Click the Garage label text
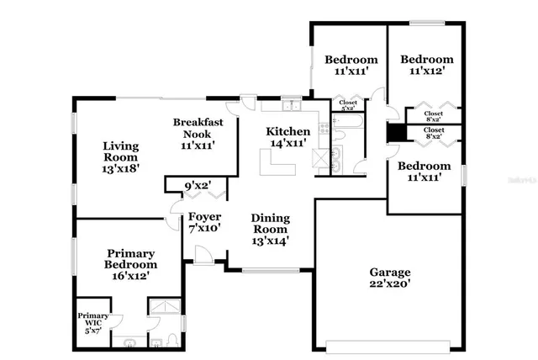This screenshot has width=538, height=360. coord(390,278)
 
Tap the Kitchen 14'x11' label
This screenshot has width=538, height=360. coord(288,138)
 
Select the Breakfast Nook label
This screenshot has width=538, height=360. coord(197,133)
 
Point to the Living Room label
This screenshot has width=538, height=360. coord(120,156)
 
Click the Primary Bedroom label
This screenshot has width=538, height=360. coord(130,264)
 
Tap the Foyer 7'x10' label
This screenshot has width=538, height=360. coord(203,221)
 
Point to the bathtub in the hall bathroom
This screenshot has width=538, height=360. coord(347,122)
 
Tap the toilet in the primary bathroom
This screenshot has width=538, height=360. coord(171,338)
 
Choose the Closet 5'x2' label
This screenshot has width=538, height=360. coord(347,106)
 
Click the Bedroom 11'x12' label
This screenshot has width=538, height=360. coord(426,66)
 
